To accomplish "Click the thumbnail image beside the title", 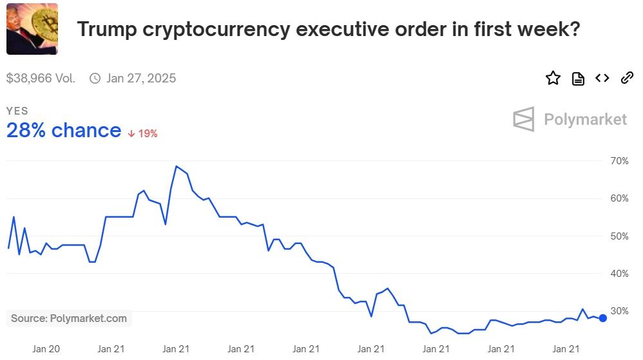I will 32,29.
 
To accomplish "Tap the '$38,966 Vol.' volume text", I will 41,79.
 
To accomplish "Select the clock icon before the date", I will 95,79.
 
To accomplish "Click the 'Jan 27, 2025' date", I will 141,79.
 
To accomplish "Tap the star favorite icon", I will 553,79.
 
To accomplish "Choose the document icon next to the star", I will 578,79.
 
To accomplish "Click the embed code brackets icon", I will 602,79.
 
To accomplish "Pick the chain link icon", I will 627,79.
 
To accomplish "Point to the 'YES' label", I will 17,111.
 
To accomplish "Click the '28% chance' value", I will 64,131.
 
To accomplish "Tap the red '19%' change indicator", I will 143,133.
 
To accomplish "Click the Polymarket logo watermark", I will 570,119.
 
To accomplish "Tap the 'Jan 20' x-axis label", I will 46,349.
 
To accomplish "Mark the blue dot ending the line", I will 602,317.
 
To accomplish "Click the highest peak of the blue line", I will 177,166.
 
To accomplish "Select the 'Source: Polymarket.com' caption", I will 69,318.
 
